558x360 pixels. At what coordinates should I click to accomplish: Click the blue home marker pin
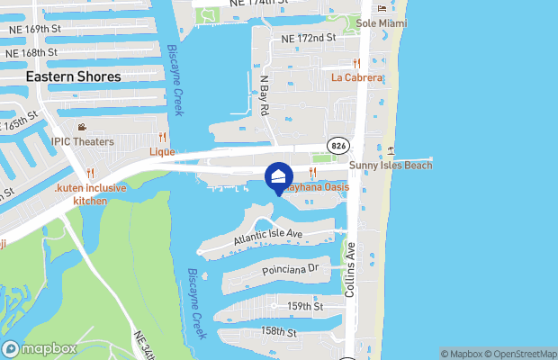coord(278,175)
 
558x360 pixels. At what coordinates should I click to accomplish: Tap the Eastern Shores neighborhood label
coord(73,77)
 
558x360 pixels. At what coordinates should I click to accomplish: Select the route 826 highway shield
coord(338,146)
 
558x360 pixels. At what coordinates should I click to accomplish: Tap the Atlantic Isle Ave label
coord(268,237)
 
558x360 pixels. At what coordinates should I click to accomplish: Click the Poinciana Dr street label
coord(289,268)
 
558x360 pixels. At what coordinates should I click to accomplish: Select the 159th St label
coord(305,307)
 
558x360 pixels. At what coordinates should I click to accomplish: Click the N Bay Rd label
coord(265,94)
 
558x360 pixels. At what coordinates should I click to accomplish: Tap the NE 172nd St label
coord(308,39)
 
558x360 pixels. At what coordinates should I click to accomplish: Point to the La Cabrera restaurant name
coord(357,77)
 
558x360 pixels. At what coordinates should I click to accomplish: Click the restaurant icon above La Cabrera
coord(357,63)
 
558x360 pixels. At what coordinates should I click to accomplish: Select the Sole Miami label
coord(382,22)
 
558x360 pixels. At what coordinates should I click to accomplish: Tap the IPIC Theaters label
coord(82,141)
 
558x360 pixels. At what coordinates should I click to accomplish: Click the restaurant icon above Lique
coord(162,138)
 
